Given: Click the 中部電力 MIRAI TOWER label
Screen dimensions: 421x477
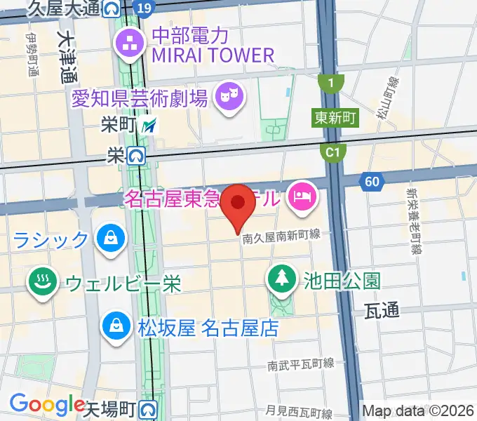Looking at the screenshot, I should [x=210, y=44].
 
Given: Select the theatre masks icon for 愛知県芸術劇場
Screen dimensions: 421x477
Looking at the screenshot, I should [x=228, y=95].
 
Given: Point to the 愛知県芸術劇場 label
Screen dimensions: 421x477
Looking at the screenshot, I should [x=140, y=98].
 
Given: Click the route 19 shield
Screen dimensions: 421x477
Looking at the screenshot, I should [x=143, y=7].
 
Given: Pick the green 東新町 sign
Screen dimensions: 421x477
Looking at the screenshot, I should [x=335, y=117].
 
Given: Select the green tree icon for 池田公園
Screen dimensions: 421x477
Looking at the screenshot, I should [x=281, y=278].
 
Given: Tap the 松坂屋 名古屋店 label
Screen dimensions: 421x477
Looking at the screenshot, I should [x=208, y=328].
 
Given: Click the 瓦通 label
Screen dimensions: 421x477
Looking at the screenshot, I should [x=382, y=311].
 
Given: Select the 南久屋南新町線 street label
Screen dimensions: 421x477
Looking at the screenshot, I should [x=281, y=239].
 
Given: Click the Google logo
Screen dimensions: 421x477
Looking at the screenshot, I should [x=48, y=404].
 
